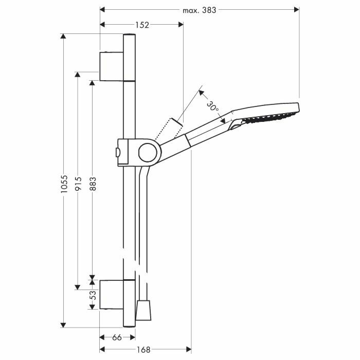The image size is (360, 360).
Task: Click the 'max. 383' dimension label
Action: pos(200,10)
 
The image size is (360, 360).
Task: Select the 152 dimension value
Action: pos(142,25)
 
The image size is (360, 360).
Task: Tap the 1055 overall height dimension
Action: pos(64,184)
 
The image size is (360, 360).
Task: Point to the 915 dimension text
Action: pos(78,184)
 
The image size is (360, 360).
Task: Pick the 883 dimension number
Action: pos(93,184)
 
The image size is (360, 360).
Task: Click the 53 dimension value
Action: pos(93,295)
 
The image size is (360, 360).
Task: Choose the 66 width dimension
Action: pos(117,337)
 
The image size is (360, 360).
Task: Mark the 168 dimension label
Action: pos(143,350)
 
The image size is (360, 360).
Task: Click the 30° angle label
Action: pos(212,106)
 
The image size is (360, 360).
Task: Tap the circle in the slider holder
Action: pos(148,152)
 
